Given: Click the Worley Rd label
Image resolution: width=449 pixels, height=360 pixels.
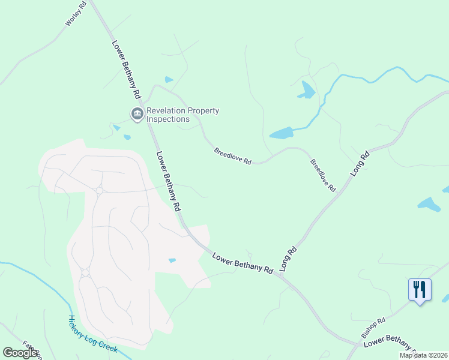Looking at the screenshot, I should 76,13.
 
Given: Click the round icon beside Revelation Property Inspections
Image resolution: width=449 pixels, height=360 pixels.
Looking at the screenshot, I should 137,113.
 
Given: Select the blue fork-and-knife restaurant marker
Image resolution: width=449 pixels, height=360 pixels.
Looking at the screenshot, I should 419,290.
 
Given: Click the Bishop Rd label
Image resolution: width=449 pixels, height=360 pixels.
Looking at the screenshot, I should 372,328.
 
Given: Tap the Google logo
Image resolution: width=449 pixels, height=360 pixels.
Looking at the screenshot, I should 20,353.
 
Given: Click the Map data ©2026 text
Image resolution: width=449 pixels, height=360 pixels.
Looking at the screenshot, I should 424,355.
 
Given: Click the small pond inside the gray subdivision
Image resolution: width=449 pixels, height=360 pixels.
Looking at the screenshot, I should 172,260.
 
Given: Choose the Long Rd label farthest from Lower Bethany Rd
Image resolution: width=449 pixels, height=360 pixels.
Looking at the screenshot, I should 360,164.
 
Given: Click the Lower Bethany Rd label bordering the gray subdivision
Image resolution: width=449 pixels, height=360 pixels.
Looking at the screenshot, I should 169,181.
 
